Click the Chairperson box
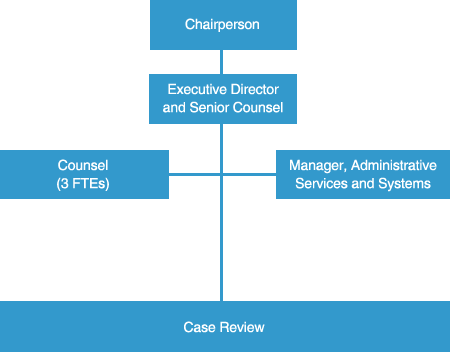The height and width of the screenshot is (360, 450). coord(222,24)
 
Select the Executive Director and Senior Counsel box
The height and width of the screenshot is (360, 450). coord(222,99)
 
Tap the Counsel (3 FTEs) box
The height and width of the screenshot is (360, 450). coord(84,174)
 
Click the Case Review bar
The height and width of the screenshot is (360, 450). coord(224,327)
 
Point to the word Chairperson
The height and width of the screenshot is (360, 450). coord(222,24)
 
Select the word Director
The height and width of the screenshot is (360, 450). coord(253,90)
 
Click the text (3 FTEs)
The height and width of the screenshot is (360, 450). coord(84,184)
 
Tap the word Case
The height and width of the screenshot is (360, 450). coord(197,328)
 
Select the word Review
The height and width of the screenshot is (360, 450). coord(241,328)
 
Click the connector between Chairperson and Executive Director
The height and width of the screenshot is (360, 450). coord(222,61)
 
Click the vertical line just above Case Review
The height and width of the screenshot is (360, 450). coord(222,260)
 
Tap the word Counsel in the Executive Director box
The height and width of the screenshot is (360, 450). coord(258,108)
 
